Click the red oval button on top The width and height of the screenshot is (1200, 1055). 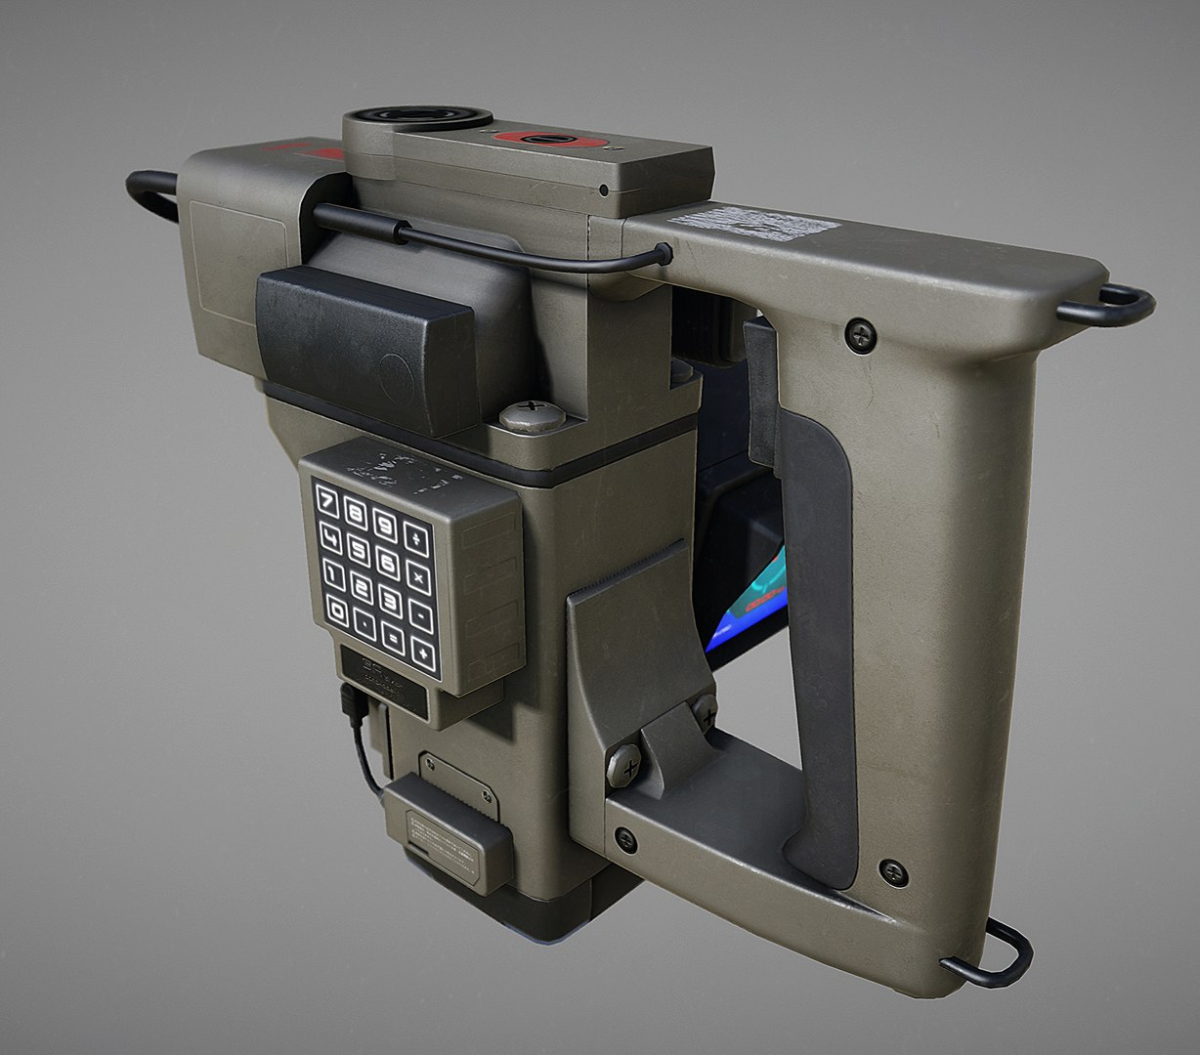tap(549, 141)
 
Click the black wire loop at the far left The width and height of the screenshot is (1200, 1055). tap(151, 193)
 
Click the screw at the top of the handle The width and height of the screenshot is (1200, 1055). tap(860, 334)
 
